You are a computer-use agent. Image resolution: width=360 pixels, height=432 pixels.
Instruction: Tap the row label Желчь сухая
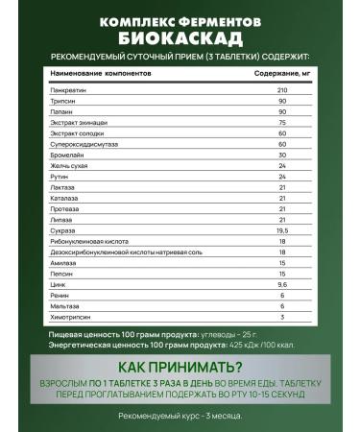point(68,165)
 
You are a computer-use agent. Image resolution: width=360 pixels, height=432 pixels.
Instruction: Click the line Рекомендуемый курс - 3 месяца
point(180,415)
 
